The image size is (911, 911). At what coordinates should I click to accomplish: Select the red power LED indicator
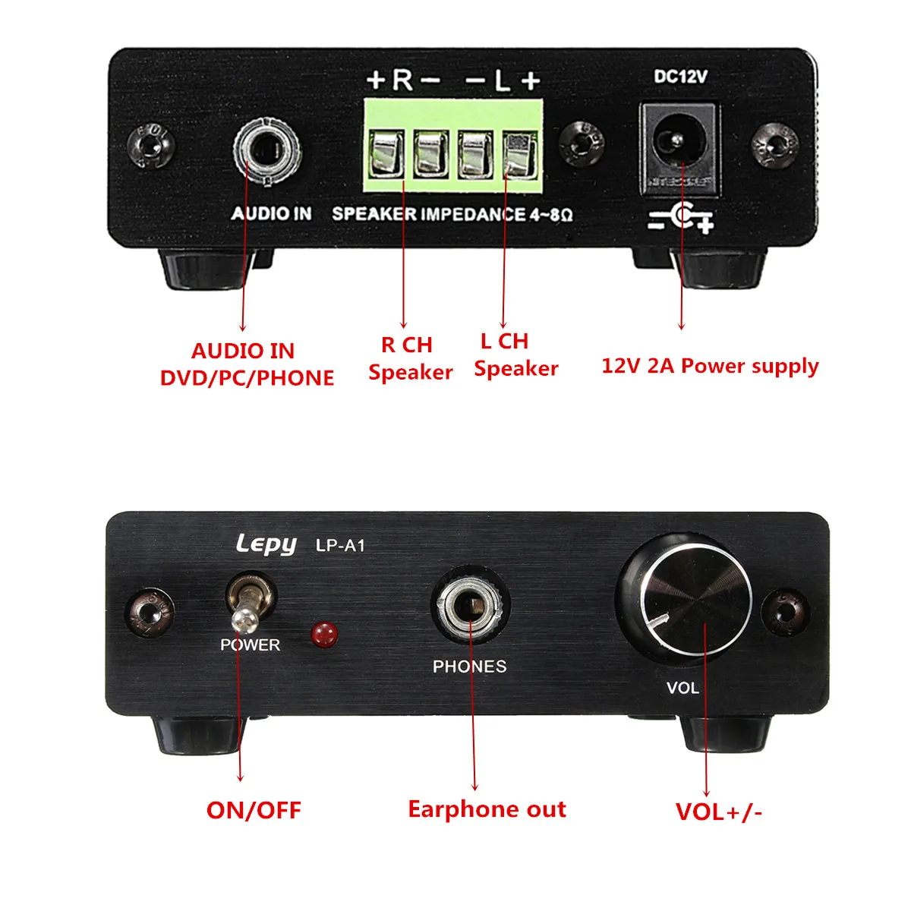click(x=325, y=634)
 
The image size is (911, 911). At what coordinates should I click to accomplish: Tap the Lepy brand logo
click(x=265, y=544)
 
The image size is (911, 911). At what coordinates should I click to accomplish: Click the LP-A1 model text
click(x=340, y=545)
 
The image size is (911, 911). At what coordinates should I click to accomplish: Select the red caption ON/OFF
click(x=254, y=810)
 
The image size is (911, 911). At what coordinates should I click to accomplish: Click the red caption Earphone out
click(x=487, y=809)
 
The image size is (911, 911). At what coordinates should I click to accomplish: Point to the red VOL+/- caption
click(x=718, y=812)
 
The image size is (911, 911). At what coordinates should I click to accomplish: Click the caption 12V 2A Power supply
click(x=710, y=366)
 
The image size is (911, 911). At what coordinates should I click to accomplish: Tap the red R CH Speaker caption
click(x=409, y=358)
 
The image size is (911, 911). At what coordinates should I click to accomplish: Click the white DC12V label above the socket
click(x=680, y=77)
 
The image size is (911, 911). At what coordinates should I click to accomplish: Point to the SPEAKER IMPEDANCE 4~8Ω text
click(x=452, y=214)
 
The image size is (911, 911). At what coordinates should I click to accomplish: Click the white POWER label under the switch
click(x=250, y=645)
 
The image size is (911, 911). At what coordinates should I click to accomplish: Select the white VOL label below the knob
click(x=682, y=688)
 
